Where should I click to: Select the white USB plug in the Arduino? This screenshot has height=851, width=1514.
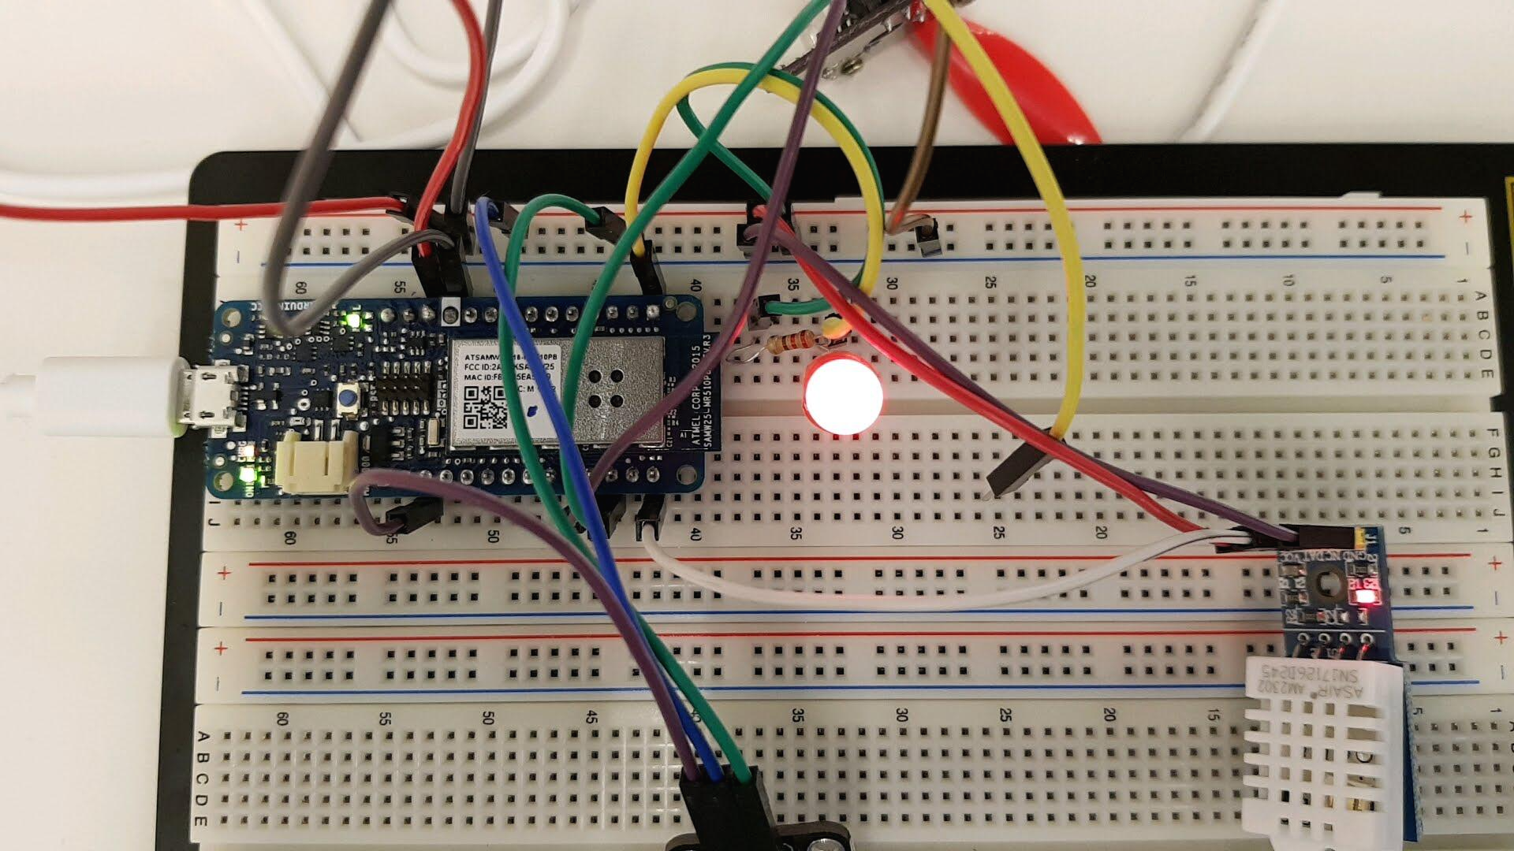coord(103,394)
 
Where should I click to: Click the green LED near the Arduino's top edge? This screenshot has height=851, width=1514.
coord(348,321)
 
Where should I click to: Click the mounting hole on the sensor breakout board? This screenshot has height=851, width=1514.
coord(1325,586)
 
